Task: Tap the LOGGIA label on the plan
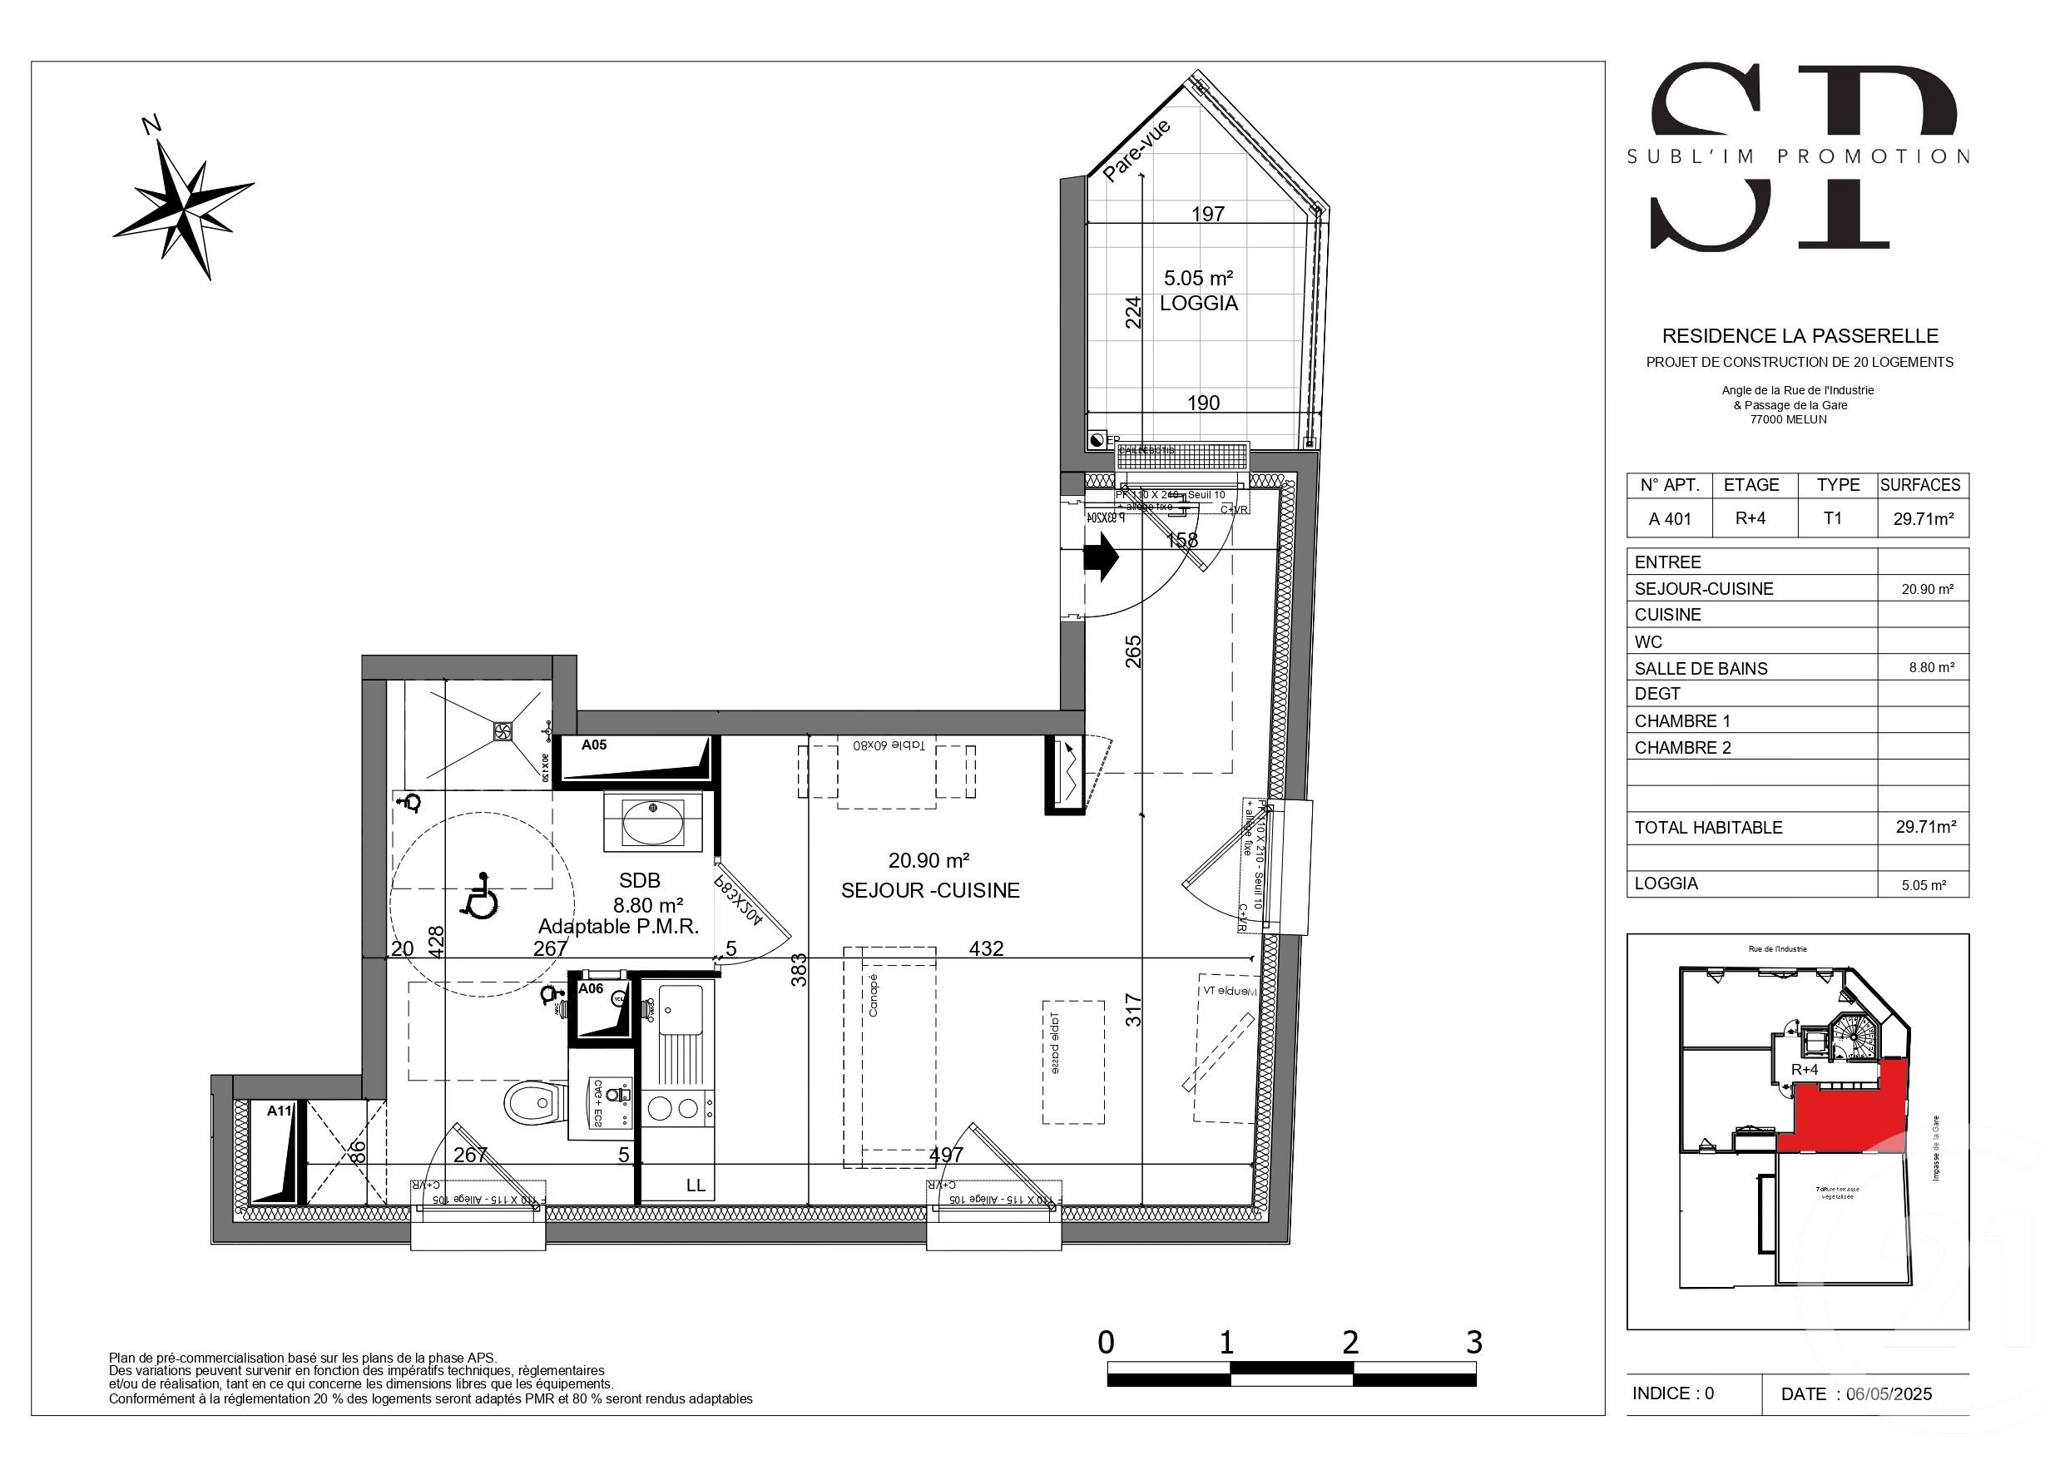(1198, 304)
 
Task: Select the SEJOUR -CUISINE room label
(930, 891)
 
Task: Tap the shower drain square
(503, 730)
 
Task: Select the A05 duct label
(593, 745)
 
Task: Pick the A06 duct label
(591, 988)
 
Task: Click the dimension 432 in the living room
(986, 948)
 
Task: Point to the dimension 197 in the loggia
(1208, 214)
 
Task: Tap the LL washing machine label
(696, 1185)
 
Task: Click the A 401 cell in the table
(1669, 519)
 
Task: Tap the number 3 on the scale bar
(1473, 1343)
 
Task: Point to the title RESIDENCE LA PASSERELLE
(1800, 336)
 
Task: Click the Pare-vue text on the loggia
(1136, 151)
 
